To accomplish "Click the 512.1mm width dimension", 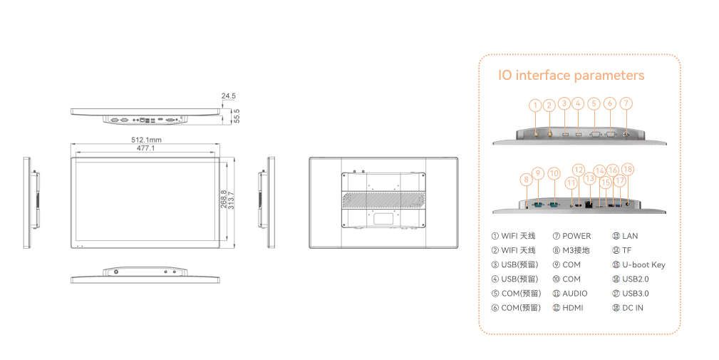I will coord(145,139).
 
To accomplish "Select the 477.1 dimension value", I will coord(145,148).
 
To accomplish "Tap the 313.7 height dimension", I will coord(231,200).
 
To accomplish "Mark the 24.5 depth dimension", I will coord(228,95).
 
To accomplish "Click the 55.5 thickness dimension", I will coord(237,115).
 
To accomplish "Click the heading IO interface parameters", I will coord(571,76).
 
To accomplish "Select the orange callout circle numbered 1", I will coord(535,106).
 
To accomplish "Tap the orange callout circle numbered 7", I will coord(626,103).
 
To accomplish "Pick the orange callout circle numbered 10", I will coord(554,173).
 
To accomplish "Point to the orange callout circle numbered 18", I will coord(627,169).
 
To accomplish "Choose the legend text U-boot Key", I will coord(643,264).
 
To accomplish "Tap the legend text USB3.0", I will coord(636,294).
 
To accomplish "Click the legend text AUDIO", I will coord(574,294).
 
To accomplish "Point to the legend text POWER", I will coord(576,236).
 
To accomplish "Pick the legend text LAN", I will coord(630,236).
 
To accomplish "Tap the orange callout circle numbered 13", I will coord(589,178).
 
